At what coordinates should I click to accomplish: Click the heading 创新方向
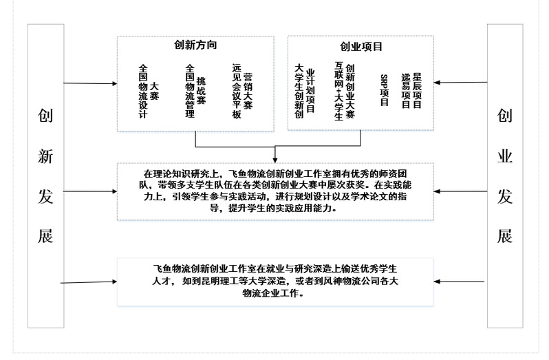point(196,45)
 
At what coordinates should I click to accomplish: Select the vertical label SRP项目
point(384,90)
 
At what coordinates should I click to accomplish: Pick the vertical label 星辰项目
point(417,89)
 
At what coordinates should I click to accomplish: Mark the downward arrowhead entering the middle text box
point(275,158)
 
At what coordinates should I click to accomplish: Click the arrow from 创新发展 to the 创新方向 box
point(89,83)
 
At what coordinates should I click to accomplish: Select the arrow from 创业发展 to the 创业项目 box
point(461,83)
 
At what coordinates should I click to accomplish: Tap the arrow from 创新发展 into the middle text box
point(89,191)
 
